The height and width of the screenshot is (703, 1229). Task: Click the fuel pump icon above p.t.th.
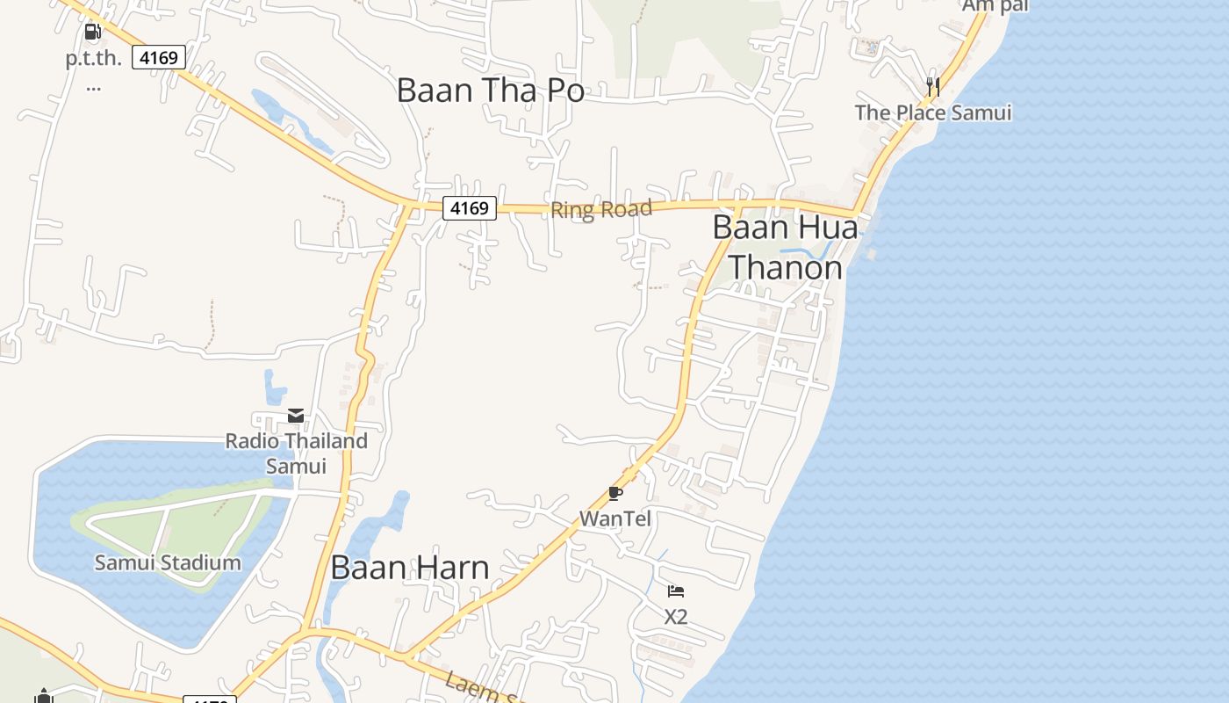[92, 33]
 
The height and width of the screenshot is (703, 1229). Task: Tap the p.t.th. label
[93, 60]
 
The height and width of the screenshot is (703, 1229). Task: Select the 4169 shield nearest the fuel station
[159, 58]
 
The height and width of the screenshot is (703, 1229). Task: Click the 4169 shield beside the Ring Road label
[469, 208]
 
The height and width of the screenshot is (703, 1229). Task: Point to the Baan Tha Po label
[490, 91]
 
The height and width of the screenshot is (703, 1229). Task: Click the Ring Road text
[601, 210]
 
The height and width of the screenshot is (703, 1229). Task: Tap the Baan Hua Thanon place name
[785, 247]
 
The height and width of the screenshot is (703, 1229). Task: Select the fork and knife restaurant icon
[932, 86]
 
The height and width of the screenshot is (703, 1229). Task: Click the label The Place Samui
[932, 112]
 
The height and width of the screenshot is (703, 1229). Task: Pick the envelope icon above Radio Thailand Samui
[296, 416]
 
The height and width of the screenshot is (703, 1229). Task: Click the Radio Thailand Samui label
[296, 453]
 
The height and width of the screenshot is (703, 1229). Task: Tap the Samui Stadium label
[167, 562]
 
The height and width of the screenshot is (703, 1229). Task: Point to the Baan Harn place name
[409, 568]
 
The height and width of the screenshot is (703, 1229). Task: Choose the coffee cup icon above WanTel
[615, 494]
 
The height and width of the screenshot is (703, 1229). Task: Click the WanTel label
[615, 518]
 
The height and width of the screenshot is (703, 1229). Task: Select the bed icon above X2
[675, 591]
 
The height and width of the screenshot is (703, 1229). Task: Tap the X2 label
[675, 617]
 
